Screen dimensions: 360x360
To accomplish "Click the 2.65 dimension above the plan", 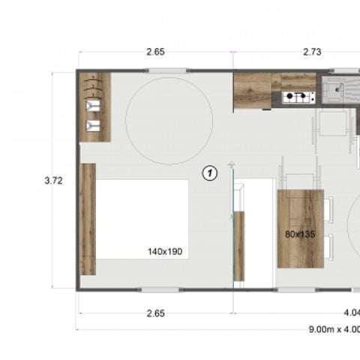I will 155,52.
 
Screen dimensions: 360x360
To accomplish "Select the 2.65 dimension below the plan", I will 155,313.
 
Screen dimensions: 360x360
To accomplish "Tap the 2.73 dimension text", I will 313,52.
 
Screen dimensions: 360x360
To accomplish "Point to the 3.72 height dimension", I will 52,180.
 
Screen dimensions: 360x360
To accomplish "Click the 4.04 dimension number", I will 352,313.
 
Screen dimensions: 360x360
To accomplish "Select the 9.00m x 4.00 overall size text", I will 334,329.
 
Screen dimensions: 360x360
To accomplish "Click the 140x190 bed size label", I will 165,253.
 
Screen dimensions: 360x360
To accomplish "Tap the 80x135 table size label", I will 299,234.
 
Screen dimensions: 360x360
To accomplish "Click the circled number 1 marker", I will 211,173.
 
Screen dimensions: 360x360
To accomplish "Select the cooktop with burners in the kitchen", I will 298,97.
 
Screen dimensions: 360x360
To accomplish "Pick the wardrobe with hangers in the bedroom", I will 95,107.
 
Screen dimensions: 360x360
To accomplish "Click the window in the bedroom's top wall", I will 168,71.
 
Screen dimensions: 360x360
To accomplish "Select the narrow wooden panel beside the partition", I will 239,246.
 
